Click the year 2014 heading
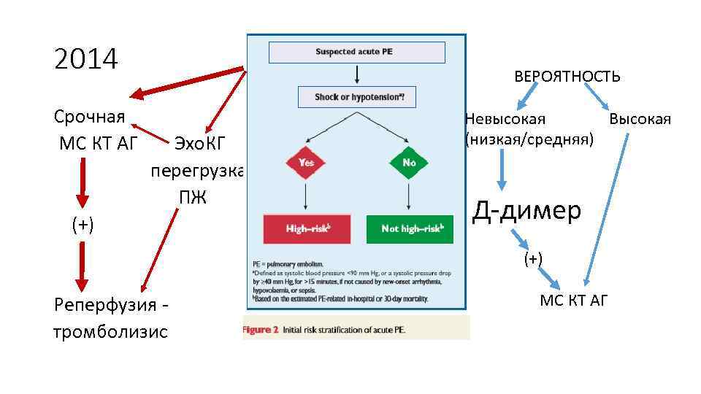(x=85, y=59)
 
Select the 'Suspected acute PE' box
(x=356, y=52)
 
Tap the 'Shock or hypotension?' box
(x=356, y=97)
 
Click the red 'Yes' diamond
(x=306, y=163)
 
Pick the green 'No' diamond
(x=408, y=163)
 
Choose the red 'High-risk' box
(x=306, y=228)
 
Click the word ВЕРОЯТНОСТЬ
(x=567, y=76)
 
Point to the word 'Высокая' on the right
(x=640, y=119)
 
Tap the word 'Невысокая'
(x=505, y=119)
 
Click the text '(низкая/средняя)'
(x=529, y=138)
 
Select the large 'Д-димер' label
(x=526, y=210)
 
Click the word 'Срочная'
(x=89, y=117)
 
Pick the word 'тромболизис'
(x=110, y=332)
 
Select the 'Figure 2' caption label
(x=261, y=330)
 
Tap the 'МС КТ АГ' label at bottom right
(x=573, y=300)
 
